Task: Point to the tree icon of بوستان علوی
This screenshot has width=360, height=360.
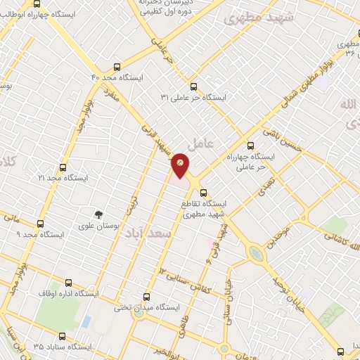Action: [100, 214]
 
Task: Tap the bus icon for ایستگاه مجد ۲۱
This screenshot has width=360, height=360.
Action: [63, 167]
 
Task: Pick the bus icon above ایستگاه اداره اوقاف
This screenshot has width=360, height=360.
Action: [58, 279]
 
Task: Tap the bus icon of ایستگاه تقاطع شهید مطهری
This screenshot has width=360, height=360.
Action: [202, 191]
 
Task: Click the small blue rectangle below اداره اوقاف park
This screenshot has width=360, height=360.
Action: [86, 321]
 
